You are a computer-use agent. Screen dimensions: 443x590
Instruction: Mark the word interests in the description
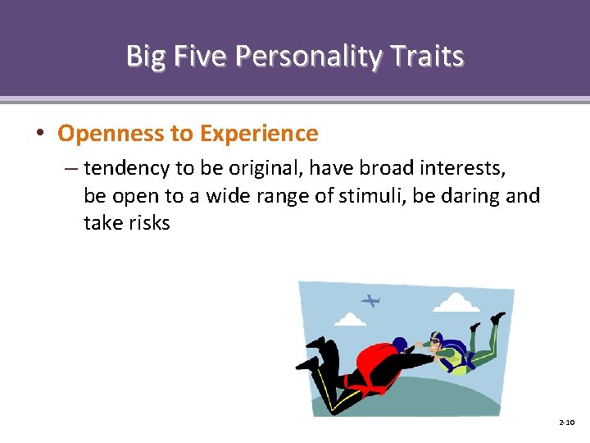coord(464,169)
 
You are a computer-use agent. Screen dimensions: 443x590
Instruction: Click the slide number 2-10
coord(566,422)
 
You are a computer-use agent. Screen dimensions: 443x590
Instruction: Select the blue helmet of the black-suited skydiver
coord(400,344)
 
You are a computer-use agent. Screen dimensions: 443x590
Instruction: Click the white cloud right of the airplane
coord(455,304)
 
